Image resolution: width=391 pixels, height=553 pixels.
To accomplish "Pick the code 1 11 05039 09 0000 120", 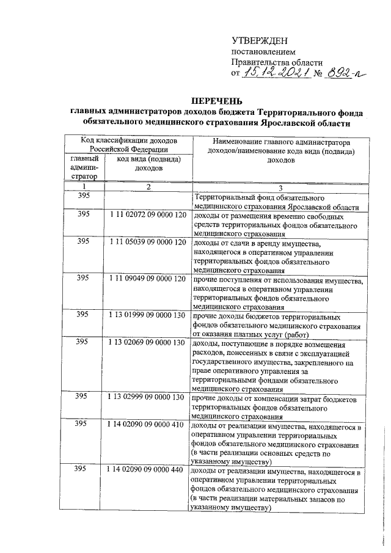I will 147,241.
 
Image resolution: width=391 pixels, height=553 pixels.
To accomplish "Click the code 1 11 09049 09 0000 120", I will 147,278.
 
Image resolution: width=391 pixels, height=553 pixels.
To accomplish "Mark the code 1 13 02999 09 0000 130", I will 147,396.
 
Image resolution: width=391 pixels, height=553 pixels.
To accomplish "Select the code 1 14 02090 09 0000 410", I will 147,423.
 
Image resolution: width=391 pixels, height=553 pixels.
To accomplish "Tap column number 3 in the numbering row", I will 280,187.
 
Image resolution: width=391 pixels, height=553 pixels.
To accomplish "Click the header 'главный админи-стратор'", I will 84,167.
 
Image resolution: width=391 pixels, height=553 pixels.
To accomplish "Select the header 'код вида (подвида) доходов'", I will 147,163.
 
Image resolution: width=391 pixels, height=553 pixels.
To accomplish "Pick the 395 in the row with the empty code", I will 84,196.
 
